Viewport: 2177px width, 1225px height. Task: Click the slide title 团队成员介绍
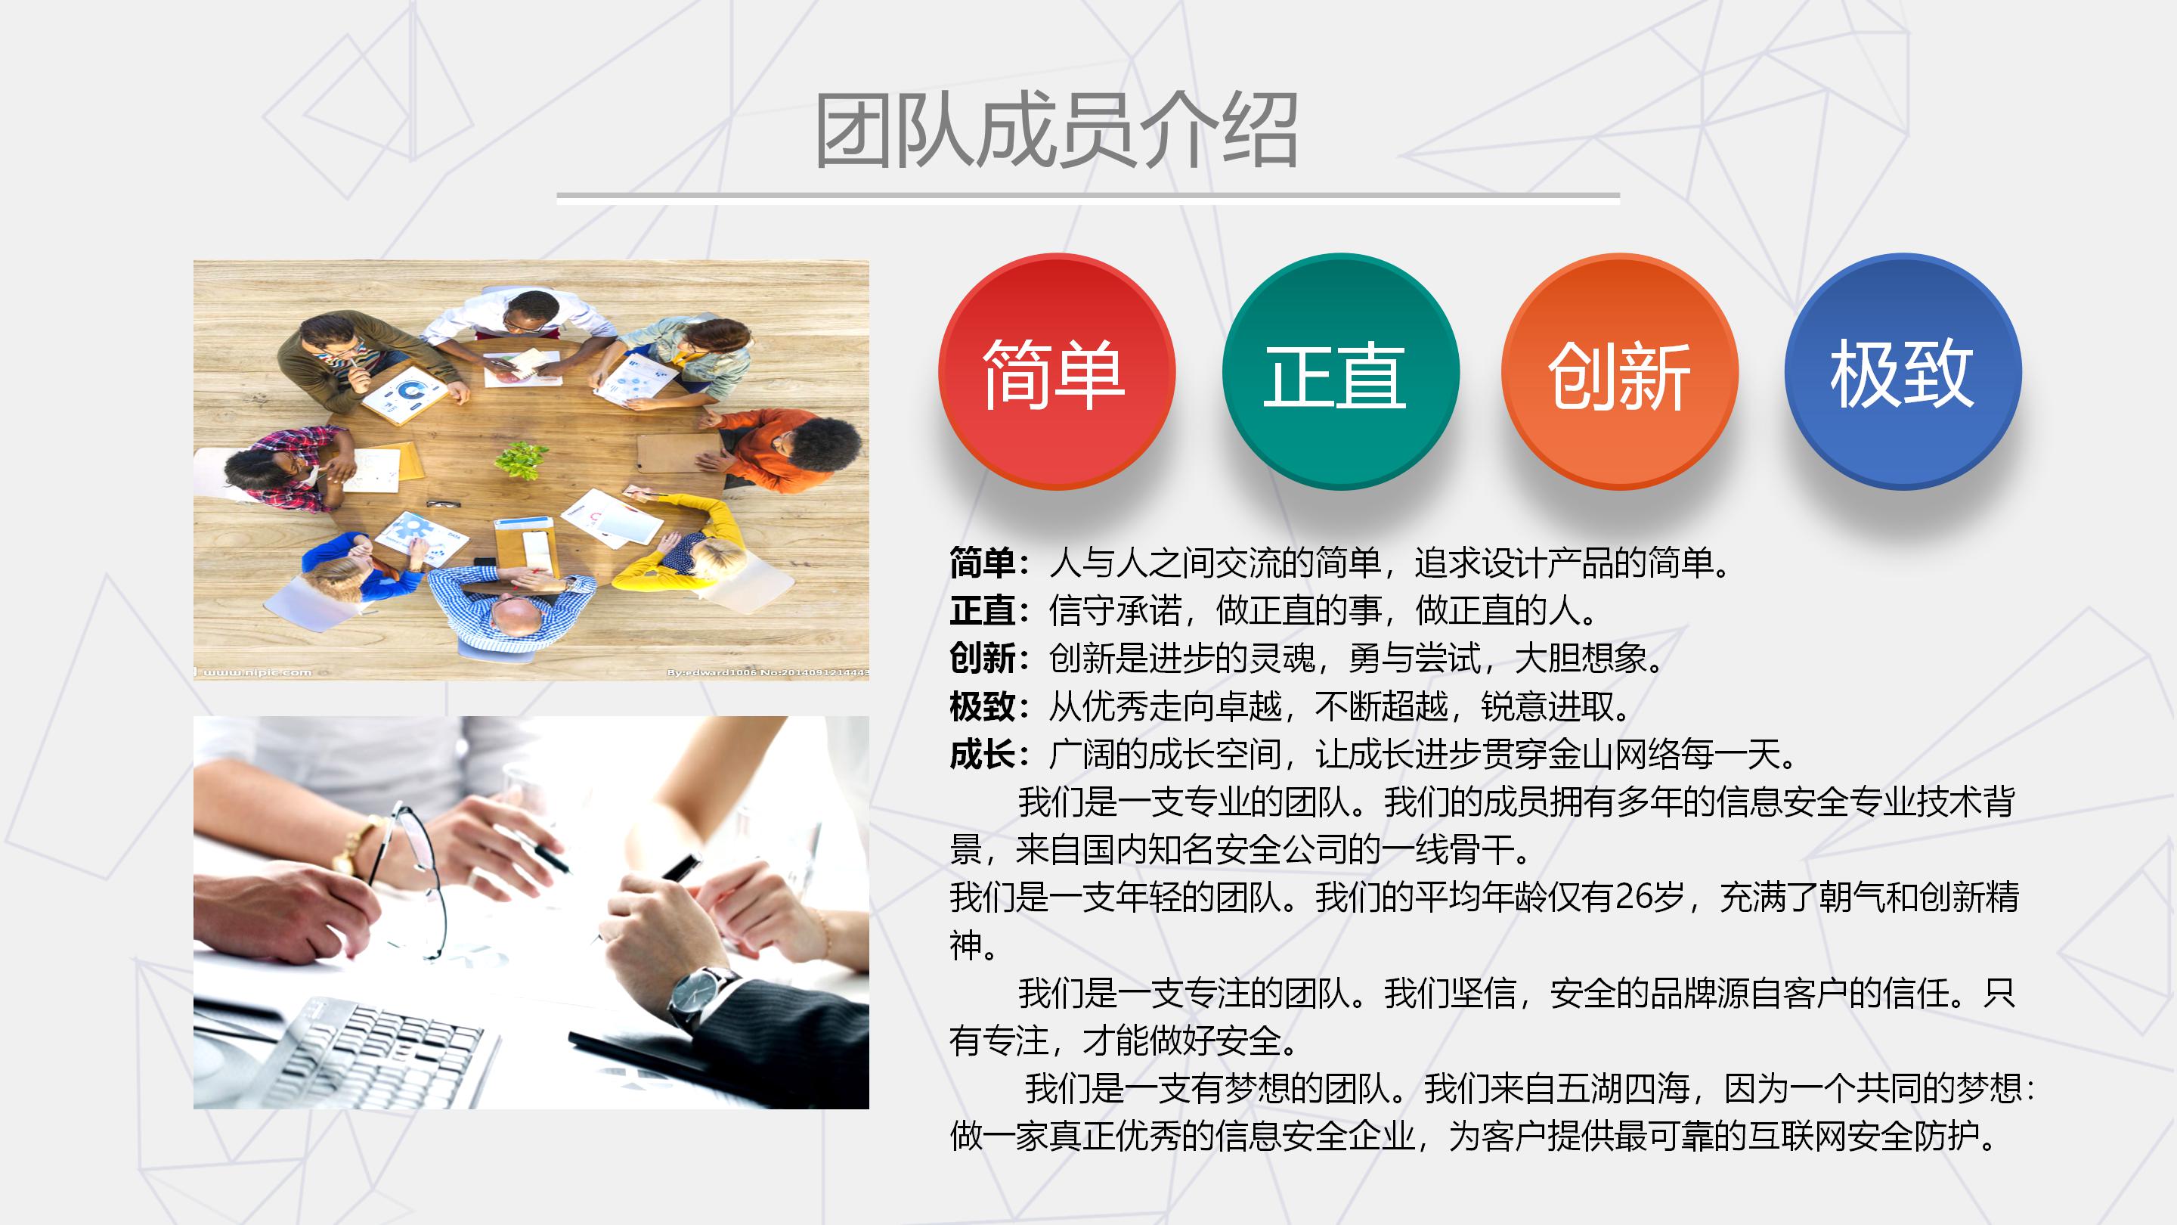click(1054, 131)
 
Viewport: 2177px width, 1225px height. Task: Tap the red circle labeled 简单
click(1057, 372)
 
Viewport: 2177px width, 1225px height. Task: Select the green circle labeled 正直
click(1339, 372)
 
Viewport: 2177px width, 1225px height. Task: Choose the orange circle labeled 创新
click(1619, 372)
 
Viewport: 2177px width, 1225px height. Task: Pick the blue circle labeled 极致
click(1903, 372)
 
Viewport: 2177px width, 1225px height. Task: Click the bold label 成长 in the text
click(982, 754)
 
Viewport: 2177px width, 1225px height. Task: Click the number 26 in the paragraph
click(1634, 897)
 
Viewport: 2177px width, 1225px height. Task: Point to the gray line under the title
click(1088, 195)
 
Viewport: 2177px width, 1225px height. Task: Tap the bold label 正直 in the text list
click(982, 610)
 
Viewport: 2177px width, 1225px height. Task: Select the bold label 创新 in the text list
click(982, 659)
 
